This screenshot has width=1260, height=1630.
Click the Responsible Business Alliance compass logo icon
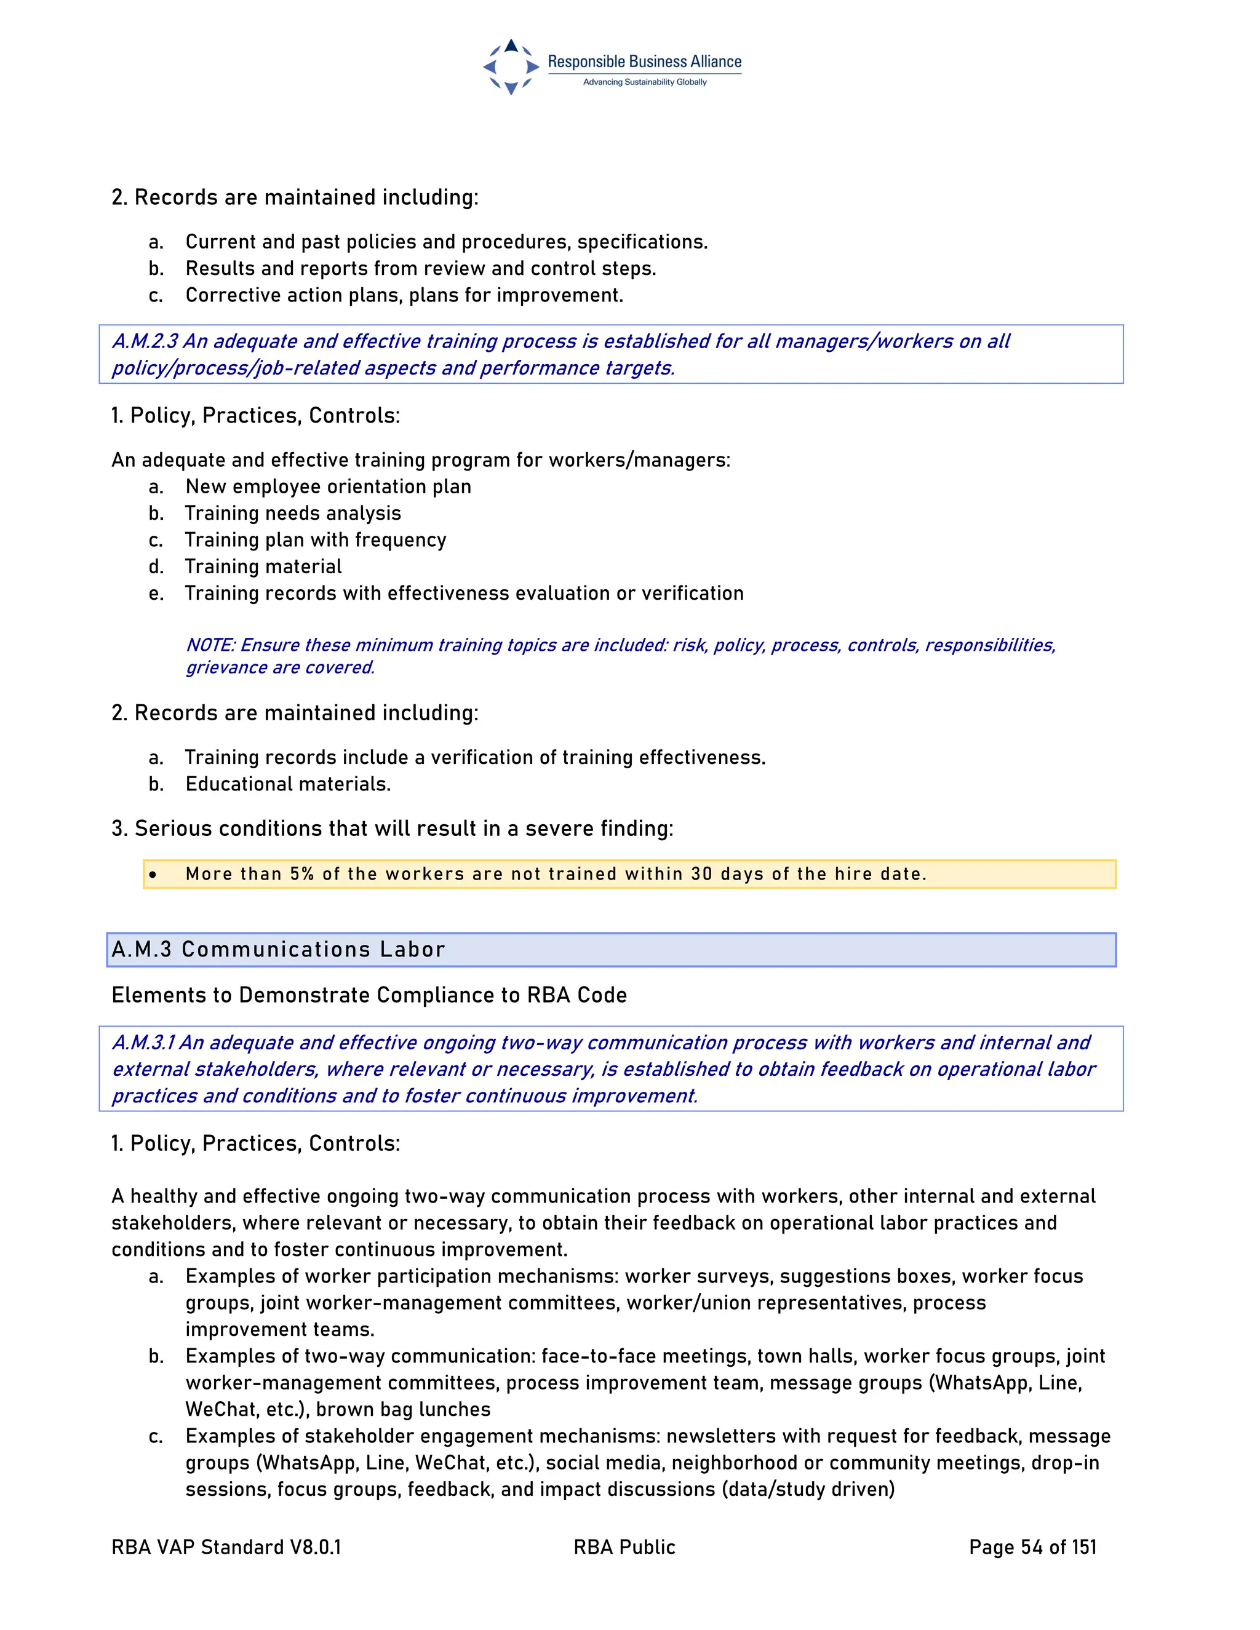click(x=511, y=66)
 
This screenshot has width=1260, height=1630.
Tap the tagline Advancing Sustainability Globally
click(x=644, y=82)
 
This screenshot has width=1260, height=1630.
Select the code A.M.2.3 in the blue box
click(x=145, y=341)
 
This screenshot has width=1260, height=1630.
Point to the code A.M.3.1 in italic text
click(x=143, y=1042)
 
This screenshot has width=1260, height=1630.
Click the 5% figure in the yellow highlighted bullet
click(x=301, y=874)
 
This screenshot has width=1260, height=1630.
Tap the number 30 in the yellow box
click(x=701, y=874)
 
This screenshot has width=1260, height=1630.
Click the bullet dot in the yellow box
click(x=153, y=875)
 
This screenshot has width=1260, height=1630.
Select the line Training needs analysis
click(x=293, y=514)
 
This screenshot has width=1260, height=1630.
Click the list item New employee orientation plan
click(x=329, y=487)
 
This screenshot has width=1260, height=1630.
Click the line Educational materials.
click(x=288, y=784)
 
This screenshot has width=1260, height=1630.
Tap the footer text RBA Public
click(x=624, y=1547)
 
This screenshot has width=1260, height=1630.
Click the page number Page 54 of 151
click(x=1032, y=1547)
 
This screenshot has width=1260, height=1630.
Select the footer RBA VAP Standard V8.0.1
click(x=226, y=1547)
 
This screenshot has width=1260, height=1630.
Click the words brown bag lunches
click(x=403, y=1409)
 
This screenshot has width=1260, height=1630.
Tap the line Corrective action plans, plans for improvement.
click(x=404, y=295)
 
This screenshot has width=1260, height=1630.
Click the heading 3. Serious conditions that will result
click(x=392, y=829)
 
